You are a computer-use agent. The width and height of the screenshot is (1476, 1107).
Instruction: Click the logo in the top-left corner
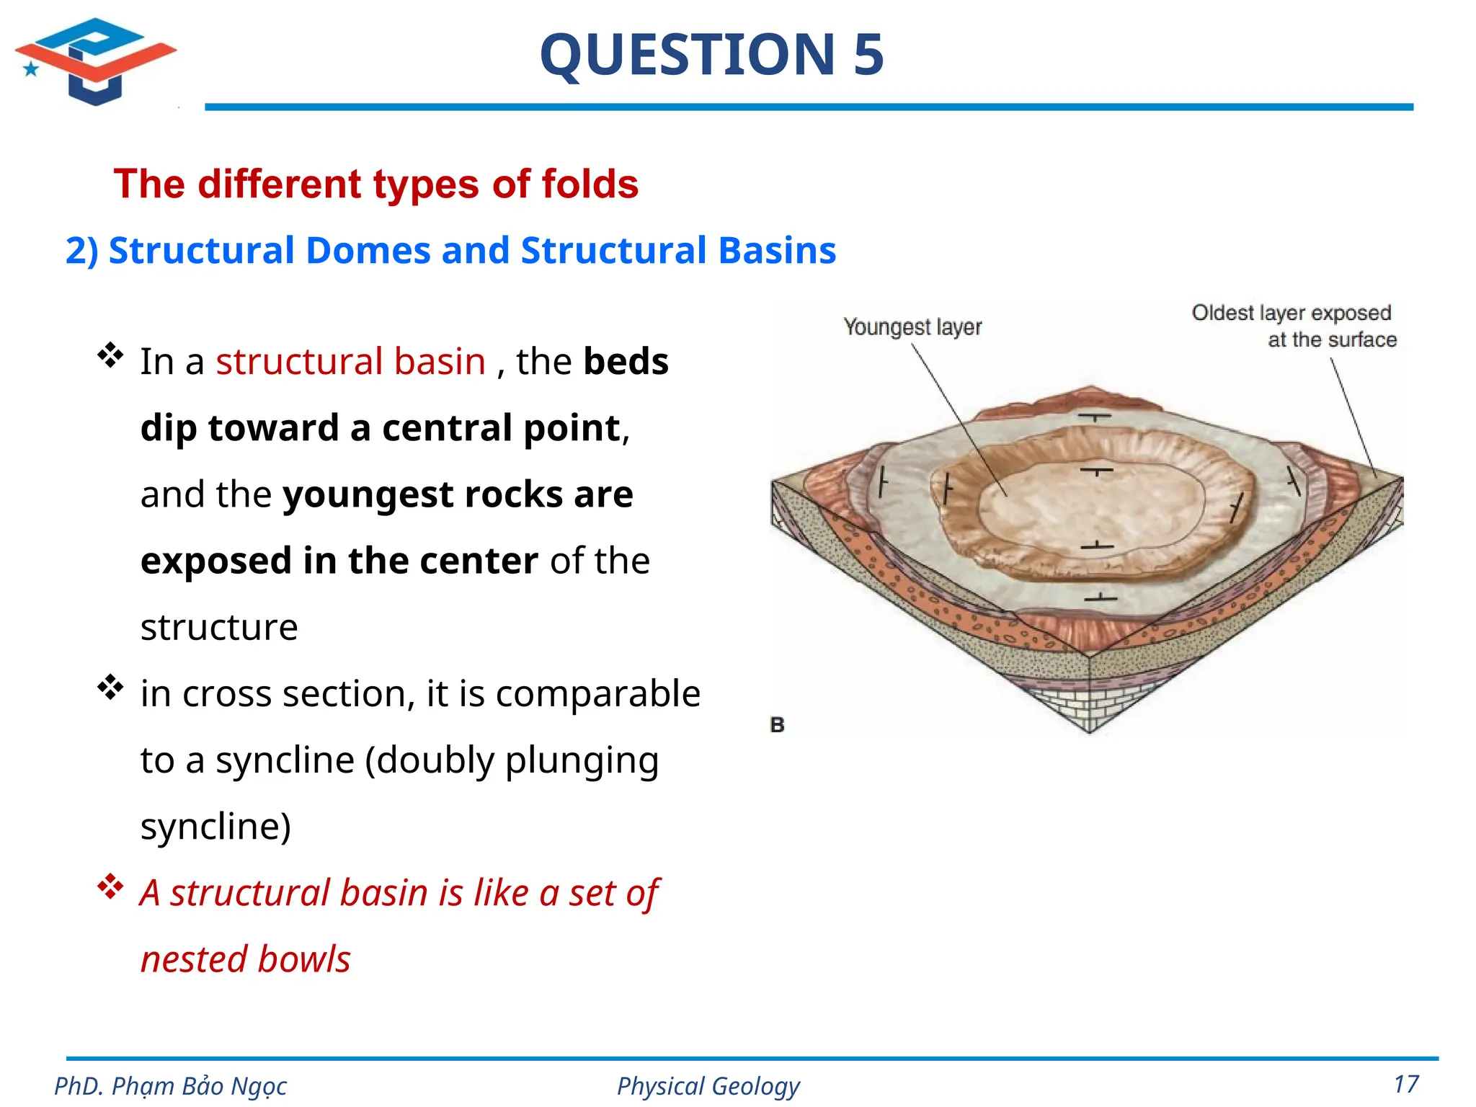95,61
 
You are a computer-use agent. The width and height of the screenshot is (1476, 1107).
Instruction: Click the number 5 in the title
868,55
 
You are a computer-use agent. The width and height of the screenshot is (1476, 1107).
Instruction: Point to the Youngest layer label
912,327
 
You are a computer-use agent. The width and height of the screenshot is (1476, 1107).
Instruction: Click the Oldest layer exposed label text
1291,314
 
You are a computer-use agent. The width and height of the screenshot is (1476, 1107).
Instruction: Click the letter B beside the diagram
777,724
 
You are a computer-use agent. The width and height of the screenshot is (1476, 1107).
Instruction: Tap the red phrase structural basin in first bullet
350,361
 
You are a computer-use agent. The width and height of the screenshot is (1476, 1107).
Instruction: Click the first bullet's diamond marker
110,355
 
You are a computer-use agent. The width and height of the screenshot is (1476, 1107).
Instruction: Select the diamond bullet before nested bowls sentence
110,887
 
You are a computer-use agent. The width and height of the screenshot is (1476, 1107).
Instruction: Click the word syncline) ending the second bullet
215,826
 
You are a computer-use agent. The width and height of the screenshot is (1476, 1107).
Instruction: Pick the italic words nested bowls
245,959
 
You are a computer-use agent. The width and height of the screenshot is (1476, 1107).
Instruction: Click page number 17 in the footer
1406,1084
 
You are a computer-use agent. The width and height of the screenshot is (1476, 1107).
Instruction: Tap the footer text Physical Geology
708,1086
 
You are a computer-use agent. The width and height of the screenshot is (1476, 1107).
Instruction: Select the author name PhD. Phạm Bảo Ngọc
171,1086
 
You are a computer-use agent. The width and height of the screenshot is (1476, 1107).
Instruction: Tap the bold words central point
501,428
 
